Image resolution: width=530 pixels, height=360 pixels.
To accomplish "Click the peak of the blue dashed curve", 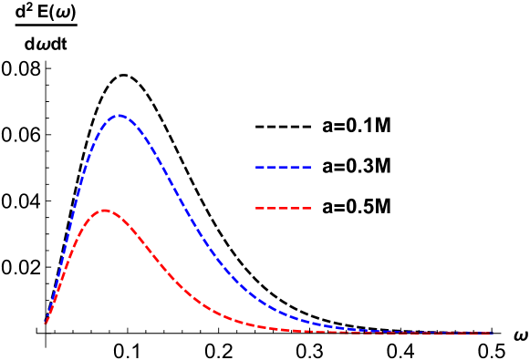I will point(119,116).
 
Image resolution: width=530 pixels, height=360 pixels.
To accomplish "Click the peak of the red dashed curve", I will point(105,211).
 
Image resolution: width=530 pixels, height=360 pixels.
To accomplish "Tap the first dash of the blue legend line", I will point(259,168).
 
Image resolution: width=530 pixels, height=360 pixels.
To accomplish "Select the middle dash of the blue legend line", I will point(284,168).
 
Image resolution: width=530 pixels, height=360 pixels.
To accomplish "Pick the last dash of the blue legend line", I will point(307,168).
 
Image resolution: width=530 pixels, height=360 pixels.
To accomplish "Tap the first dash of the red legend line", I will point(259,209).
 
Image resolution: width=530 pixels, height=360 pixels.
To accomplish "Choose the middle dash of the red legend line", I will point(284,209).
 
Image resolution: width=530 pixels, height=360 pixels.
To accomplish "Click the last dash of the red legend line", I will point(307,209).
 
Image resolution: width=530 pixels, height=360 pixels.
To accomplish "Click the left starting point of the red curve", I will point(46,323).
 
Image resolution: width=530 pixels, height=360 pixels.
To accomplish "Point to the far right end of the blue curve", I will point(493,333).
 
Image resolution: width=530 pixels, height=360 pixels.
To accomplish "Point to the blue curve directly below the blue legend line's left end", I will point(256,298).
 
